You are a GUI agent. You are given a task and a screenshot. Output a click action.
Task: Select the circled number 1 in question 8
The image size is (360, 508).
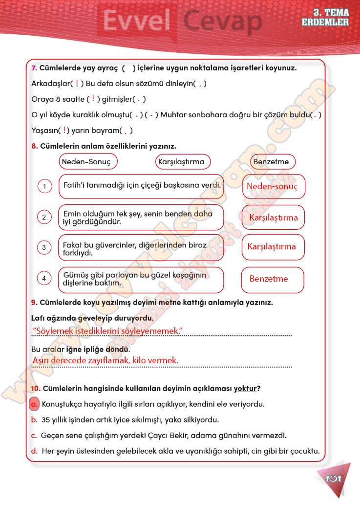[x=44, y=186]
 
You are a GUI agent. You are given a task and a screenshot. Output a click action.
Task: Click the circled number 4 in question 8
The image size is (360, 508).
[x=44, y=279]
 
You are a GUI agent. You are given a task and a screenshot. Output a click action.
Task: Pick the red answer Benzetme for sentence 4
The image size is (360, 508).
[x=269, y=279]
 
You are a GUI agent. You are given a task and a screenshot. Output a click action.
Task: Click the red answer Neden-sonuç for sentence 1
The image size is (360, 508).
[x=272, y=187]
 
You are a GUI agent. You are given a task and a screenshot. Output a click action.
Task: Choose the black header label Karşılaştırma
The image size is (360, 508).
[x=181, y=161]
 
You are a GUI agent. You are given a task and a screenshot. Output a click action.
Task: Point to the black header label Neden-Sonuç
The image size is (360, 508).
[x=86, y=161]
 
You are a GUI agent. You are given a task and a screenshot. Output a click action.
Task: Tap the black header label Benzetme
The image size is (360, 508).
[x=271, y=161]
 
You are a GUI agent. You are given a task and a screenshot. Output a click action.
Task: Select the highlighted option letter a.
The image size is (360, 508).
[x=34, y=405]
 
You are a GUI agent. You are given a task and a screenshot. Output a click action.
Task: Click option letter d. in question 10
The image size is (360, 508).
[x=34, y=451]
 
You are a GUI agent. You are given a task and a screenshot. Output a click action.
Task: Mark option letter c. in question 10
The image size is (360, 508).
[x=34, y=435]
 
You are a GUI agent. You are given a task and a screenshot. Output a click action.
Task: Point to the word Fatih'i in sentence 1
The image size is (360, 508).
[x=75, y=186]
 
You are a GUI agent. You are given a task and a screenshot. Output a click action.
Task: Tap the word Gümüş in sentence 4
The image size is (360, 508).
[x=74, y=275]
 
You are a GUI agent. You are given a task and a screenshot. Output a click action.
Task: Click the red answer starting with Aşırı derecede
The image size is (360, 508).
[x=105, y=361]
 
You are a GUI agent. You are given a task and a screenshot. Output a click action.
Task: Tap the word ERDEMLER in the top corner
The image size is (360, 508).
[x=325, y=22]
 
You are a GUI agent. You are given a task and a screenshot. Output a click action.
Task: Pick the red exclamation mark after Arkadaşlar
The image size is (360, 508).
[x=77, y=83]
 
